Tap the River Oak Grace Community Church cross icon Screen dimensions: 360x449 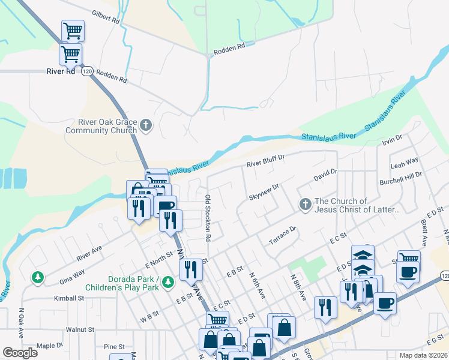click(x=146, y=126)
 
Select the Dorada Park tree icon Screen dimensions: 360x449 click(x=168, y=281)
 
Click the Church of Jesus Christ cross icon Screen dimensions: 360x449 click(x=305, y=205)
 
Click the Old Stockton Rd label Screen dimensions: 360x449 click(x=208, y=218)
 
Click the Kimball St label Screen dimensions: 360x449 click(x=68, y=298)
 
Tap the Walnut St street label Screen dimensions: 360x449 click(x=80, y=329)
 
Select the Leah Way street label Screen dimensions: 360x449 click(x=404, y=162)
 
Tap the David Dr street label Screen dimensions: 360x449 click(x=326, y=175)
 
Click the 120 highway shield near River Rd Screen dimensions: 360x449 click(x=88, y=71)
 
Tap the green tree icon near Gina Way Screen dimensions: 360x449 click(x=38, y=277)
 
